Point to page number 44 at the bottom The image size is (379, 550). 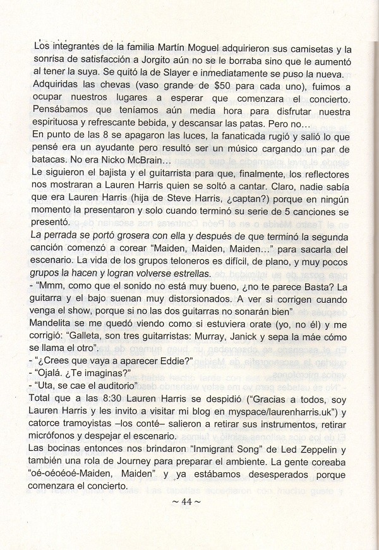tap(189, 502)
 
